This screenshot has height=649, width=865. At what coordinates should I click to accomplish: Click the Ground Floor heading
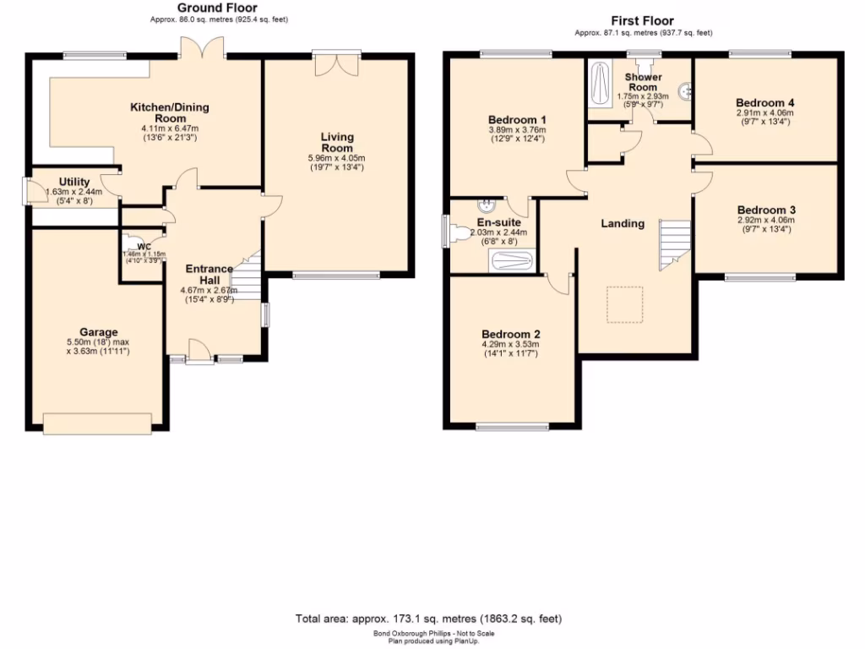click(x=211, y=8)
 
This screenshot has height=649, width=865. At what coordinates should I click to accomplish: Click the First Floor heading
click(x=644, y=20)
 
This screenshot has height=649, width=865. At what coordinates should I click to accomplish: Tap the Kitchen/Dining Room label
click(x=169, y=113)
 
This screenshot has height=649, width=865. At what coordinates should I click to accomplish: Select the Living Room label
click(x=337, y=142)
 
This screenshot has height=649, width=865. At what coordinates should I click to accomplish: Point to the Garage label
click(x=99, y=332)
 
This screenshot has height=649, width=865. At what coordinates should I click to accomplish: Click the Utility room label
click(x=73, y=182)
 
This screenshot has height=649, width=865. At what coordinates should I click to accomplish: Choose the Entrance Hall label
click(x=209, y=275)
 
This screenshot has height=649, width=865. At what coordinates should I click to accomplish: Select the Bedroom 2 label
click(x=510, y=333)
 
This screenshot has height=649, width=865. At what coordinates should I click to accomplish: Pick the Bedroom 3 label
click(x=766, y=210)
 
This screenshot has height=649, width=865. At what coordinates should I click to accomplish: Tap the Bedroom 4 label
click(x=765, y=102)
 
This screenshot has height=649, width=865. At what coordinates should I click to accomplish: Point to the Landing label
click(x=623, y=224)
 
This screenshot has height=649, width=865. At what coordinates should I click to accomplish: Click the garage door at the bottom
click(x=98, y=423)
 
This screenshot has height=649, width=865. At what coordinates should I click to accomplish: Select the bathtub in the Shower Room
click(x=601, y=85)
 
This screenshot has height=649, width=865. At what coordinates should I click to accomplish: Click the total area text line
click(x=428, y=619)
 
